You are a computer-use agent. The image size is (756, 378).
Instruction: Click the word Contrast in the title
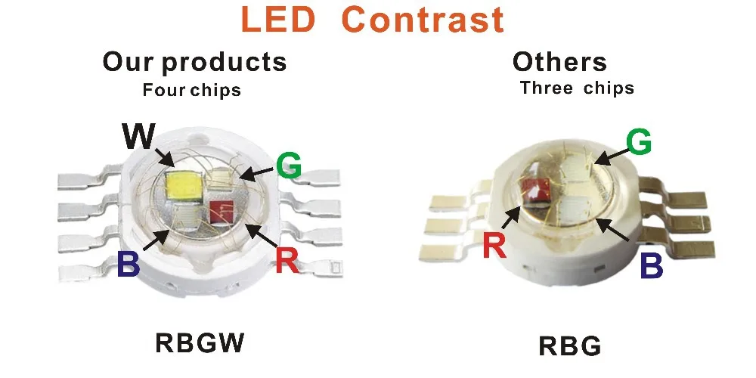(423, 20)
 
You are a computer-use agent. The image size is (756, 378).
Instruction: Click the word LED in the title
(278, 20)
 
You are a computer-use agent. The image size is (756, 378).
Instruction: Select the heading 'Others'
(559, 62)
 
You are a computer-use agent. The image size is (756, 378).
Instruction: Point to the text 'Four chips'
(191, 90)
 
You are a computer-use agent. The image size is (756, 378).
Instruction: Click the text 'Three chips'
(577, 88)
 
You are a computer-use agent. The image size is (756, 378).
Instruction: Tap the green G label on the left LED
(289, 166)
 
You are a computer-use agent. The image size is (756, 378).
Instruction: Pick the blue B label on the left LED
(129, 264)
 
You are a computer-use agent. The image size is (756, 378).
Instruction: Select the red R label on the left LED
(287, 261)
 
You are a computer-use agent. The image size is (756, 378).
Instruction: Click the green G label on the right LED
(639, 142)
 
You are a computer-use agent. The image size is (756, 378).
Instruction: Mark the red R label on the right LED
(494, 245)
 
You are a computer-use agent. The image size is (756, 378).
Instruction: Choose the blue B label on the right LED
(652, 265)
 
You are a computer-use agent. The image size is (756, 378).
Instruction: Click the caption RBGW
(200, 342)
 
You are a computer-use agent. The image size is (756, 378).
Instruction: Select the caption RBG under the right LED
(570, 345)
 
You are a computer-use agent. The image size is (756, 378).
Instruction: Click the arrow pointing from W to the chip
(164, 157)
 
